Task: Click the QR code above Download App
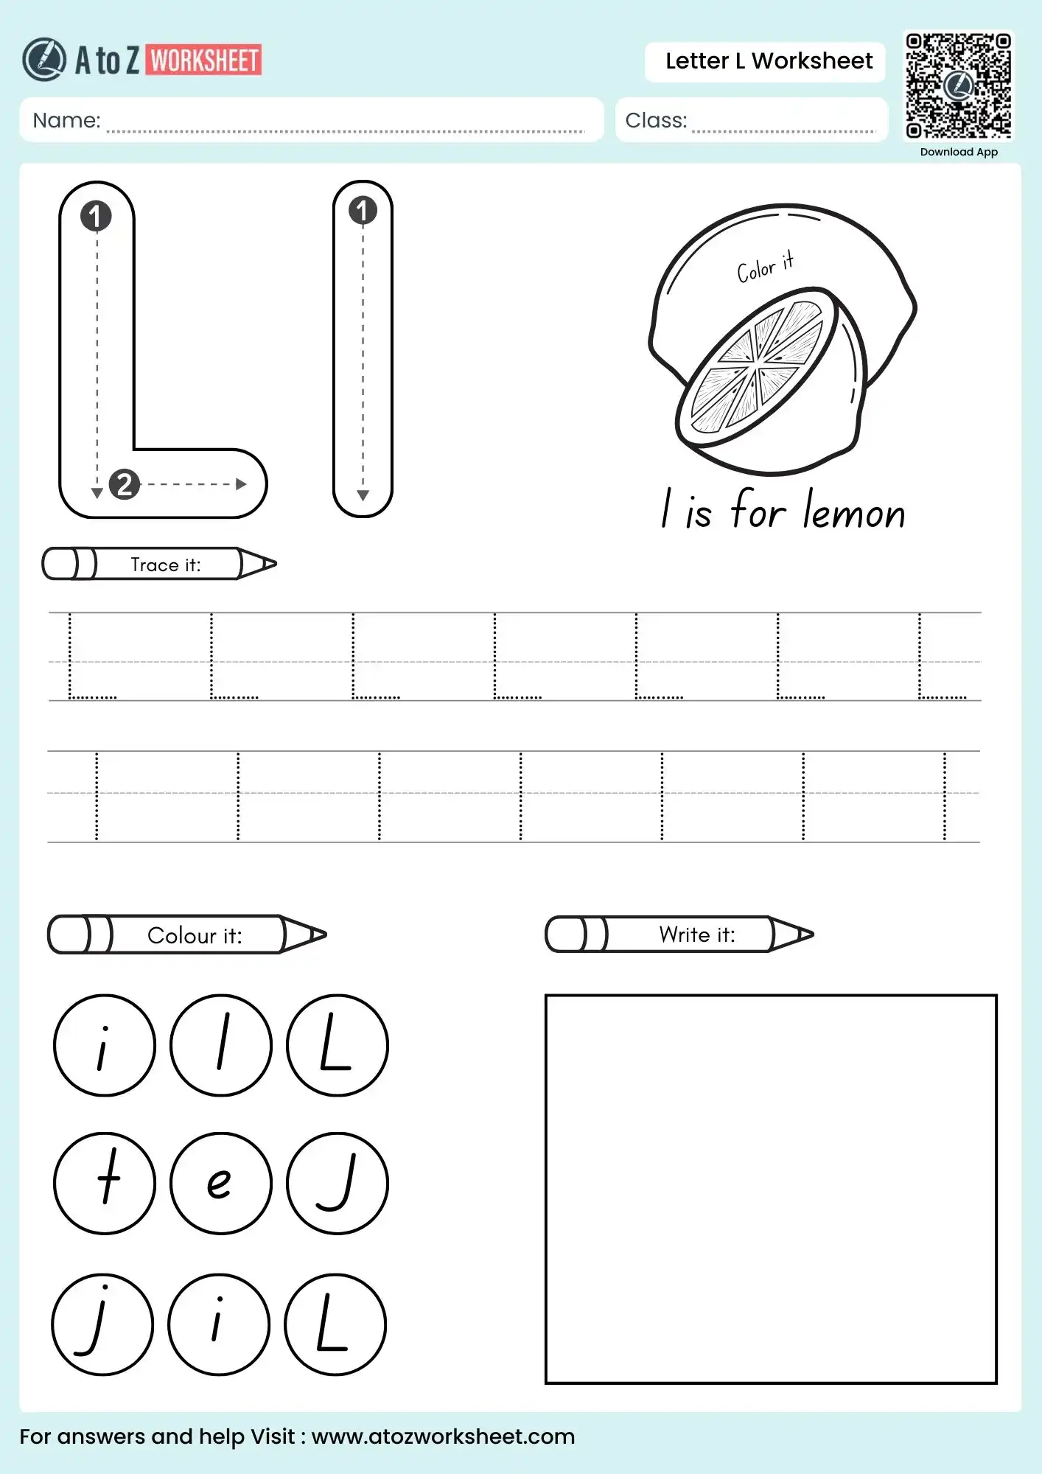[958, 85]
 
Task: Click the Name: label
[66, 120]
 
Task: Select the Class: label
[655, 120]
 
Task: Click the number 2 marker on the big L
[125, 484]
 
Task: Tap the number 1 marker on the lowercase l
[362, 211]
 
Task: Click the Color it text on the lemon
[765, 267]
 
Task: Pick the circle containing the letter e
[221, 1183]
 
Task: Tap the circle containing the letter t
[105, 1183]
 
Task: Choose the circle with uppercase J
[337, 1183]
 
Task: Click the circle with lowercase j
[102, 1324]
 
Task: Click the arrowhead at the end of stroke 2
[241, 484]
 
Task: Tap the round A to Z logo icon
[44, 60]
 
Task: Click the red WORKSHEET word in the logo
[204, 60]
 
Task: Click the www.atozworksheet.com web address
[443, 1436]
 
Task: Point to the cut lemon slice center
[757, 363]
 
